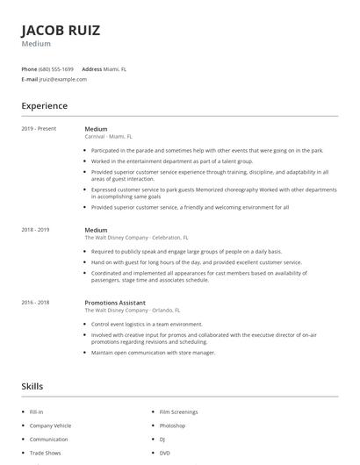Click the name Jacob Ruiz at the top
tap(61, 30)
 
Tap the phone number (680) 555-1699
tap(57, 68)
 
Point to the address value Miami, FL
tap(115, 68)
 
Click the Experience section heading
tap(44, 106)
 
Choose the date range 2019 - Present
tap(39, 128)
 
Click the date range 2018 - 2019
tap(37, 230)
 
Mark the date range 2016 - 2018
tap(37, 303)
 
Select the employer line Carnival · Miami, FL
tap(109, 137)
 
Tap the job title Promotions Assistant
tap(115, 303)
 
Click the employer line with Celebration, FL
tap(136, 238)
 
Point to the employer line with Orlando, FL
tap(133, 311)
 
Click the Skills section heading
tap(32, 386)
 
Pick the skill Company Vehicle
tap(49, 426)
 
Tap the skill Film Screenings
tap(178, 411)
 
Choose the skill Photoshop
tap(172, 426)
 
